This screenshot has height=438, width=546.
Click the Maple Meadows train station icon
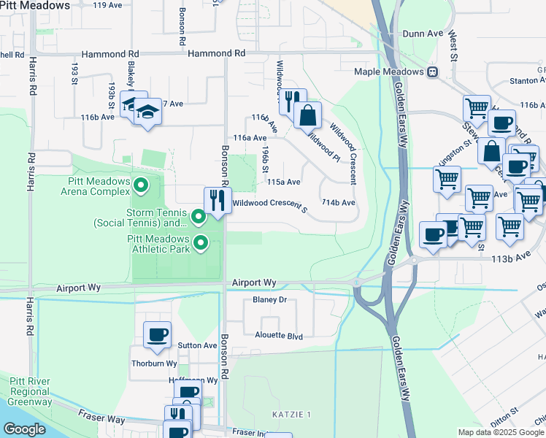coord(433,72)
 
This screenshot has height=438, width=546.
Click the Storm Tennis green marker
coord(197,217)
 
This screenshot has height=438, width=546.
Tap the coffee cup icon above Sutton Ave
coord(157,334)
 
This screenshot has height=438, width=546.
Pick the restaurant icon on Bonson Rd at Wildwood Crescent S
coord(217,200)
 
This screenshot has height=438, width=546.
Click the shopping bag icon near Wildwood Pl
coord(308,115)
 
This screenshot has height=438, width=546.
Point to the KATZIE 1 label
coord(292,415)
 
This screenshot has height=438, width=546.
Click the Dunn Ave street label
coord(423,34)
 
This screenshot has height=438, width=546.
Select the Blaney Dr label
coord(269,300)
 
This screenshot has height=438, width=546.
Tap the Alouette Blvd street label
coord(277,337)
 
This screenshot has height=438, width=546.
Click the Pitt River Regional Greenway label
coord(30,391)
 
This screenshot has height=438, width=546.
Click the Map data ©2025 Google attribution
coord(500,432)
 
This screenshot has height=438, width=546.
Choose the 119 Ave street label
coord(108,5)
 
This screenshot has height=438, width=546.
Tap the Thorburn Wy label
coord(154,363)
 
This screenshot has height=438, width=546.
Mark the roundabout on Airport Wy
coord(357,283)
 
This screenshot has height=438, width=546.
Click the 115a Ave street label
coord(284,182)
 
